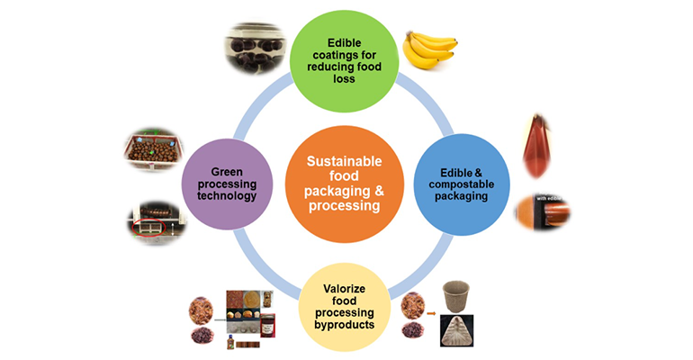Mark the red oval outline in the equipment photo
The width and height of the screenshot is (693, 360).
147,224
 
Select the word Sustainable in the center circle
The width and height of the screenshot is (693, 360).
346,161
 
